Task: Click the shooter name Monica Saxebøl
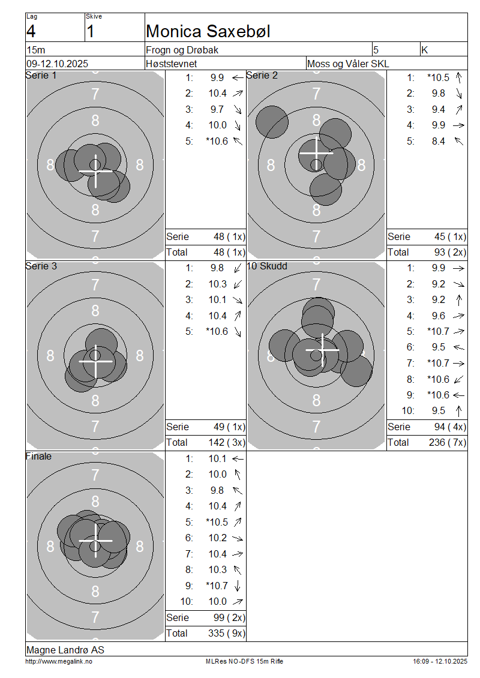click(208, 31)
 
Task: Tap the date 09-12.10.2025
click(57, 64)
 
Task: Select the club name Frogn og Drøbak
click(182, 50)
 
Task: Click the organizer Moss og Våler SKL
click(347, 64)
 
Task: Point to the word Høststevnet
click(171, 64)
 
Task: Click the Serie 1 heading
click(41, 75)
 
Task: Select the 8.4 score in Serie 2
click(438, 141)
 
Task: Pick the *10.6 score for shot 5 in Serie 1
click(217, 141)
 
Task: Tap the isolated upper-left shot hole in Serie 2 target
click(272, 122)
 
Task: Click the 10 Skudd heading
click(267, 266)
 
